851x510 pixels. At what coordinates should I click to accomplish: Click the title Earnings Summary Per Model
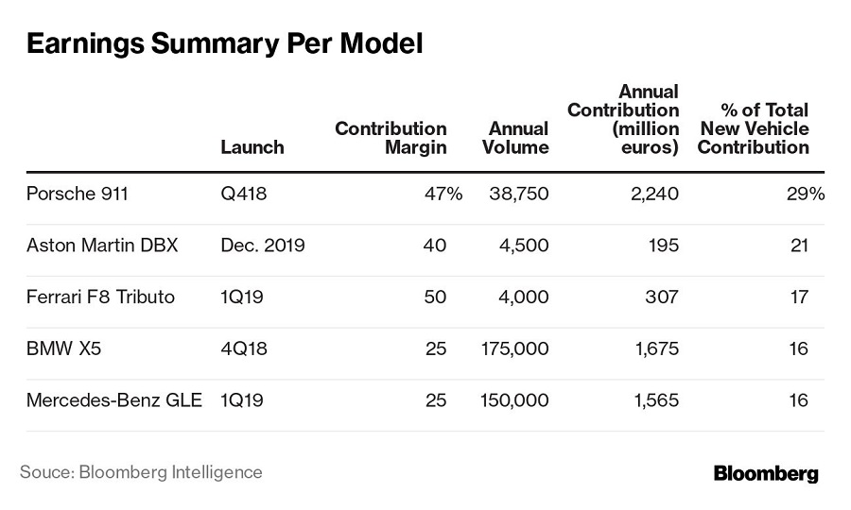click(x=225, y=44)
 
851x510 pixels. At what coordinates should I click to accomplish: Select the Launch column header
click(x=252, y=147)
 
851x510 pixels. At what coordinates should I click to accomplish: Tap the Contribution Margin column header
click(x=391, y=138)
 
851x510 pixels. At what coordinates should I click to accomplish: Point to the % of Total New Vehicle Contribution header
click(x=753, y=129)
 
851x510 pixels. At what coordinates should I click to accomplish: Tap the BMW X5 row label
click(x=65, y=348)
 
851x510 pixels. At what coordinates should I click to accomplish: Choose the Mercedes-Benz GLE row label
click(x=114, y=400)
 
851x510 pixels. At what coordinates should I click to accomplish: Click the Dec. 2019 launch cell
click(x=262, y=246)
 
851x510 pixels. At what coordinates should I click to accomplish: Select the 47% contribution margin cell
click(x=443, y=194)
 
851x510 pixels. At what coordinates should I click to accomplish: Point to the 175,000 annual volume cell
click(x=514, y=348)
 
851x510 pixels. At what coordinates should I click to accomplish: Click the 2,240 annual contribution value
click(x=655, y=194)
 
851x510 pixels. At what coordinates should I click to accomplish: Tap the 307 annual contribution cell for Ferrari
click(x=661, y=297)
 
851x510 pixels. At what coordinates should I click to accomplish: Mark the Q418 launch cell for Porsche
click(x=244, y=194)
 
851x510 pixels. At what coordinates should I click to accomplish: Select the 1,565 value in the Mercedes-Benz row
click(x=655, y=400)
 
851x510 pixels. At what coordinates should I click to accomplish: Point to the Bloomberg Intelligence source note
click(x=141, y=471)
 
